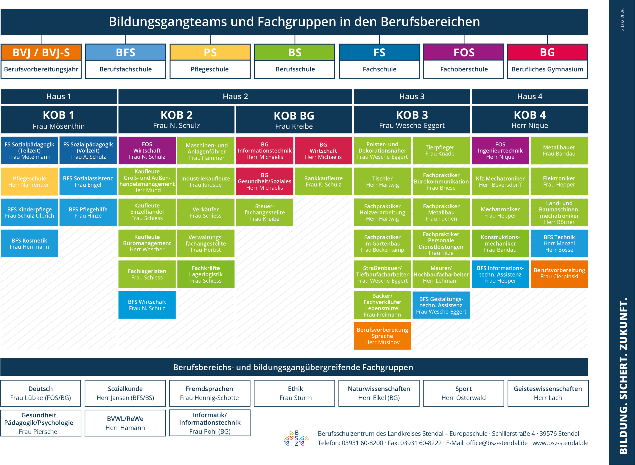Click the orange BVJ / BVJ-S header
click(41, 52)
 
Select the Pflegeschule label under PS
click(210, 69)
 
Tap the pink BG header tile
click(547, 52)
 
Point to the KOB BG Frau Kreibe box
click(294, 120)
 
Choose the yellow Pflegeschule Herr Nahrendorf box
click(29, 181)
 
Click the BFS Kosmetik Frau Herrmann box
click(29, 243)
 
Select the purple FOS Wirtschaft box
click(147, 151)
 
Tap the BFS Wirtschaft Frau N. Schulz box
click(147, 305)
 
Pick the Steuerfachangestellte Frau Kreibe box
click(265, 212)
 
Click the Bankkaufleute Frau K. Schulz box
click(323, 181)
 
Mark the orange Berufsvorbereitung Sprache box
click(382, 336)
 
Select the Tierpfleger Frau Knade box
click(441, 151)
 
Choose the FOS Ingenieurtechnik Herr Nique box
click(500, 151)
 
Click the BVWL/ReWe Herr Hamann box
click(125, 423)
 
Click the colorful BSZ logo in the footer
click(296, 438)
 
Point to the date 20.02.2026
click(622, 20)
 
